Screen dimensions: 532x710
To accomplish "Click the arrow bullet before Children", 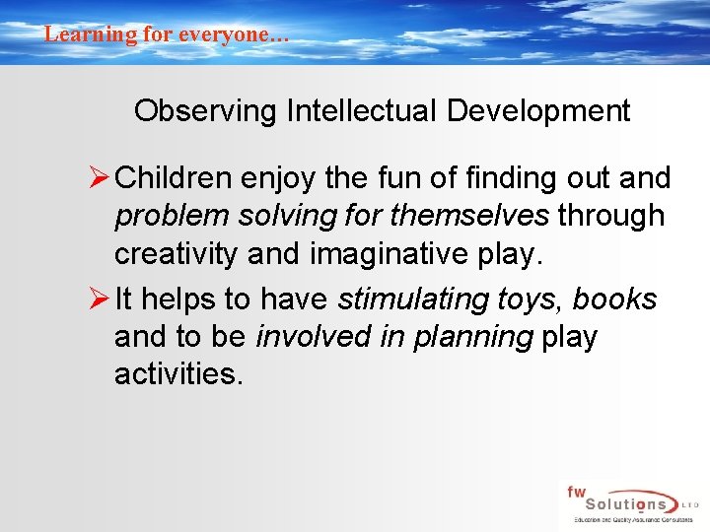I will pyautogui.click(x=100, y=178).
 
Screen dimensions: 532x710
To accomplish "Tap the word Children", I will pyautogui.click(x=174, y=179).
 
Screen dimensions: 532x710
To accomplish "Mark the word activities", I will pyautogui.click(x=177, y=374).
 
